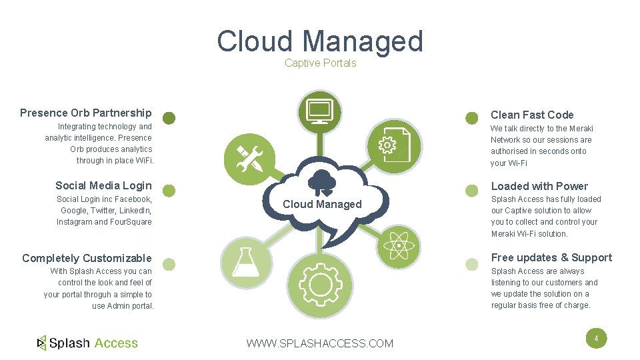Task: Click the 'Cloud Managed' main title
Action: coord(320,41)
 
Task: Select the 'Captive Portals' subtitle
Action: coord(320,63)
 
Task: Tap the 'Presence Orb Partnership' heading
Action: coord(86,113)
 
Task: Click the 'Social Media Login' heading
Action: coord(103,185)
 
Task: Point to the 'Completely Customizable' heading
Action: coord(87,258)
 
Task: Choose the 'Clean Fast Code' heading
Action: coord(532,115)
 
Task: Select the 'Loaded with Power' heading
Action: coord(539,186)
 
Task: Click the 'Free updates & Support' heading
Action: coord(551,257)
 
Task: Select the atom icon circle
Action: coord(399,245)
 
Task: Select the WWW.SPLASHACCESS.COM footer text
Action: coord(320,343)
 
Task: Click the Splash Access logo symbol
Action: coord(42,343)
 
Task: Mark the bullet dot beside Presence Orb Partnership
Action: coord(169,118)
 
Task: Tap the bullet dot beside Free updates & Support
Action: coord(472,264)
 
